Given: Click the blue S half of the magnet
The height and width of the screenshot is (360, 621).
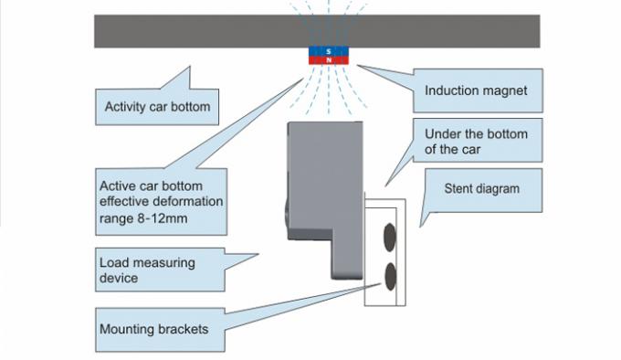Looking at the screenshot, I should point(328,52).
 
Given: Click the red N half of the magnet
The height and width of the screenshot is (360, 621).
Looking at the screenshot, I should point(328,60).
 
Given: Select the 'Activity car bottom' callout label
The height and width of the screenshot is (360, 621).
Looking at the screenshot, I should point(157,107).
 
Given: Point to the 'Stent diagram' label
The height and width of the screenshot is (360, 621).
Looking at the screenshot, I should point(481,189).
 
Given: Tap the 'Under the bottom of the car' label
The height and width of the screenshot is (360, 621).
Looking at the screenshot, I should point(476,141).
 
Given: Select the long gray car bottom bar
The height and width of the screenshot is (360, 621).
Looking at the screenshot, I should point(183,31).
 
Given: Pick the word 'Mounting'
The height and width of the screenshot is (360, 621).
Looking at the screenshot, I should point(127,328).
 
